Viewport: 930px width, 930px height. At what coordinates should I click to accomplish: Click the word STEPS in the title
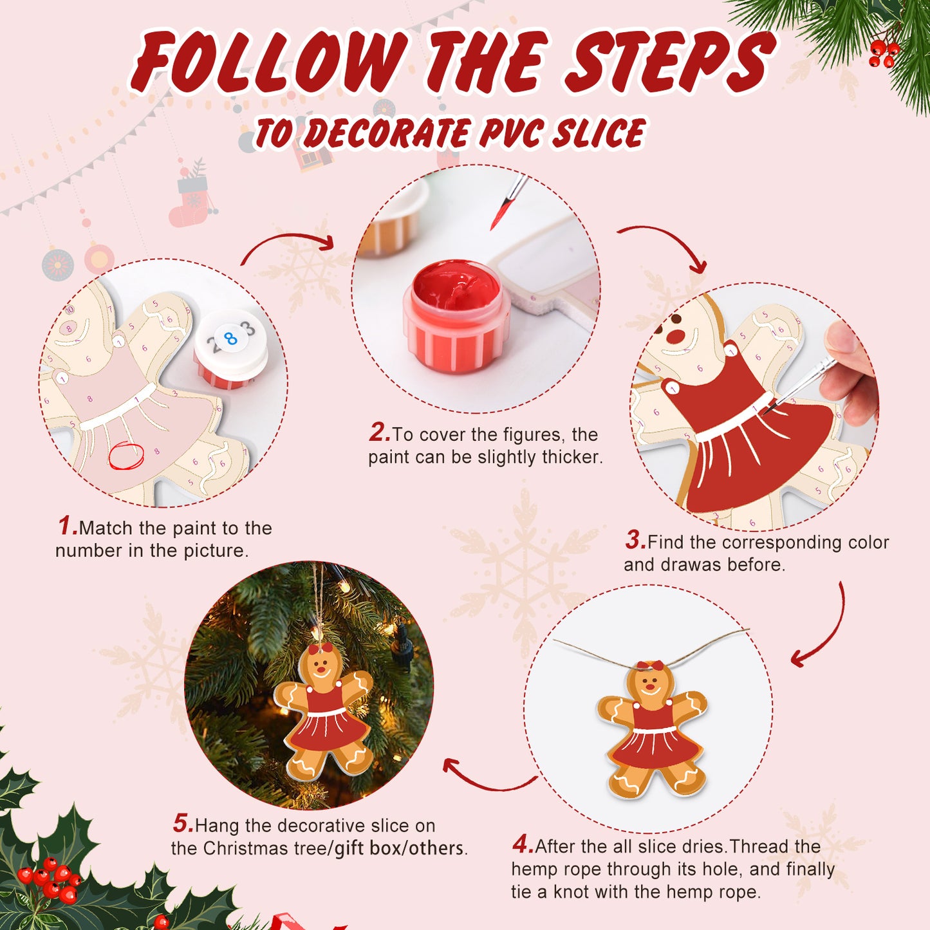click(x=669, y=63)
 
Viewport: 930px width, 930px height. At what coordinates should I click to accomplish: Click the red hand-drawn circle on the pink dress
click(x=126, y=456)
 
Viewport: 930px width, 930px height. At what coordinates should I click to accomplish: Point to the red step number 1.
click(x=67, y=526)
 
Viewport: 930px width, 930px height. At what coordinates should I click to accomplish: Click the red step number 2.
click(x=379, y=432)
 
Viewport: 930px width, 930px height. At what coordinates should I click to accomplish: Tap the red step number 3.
click(x=635, y=541)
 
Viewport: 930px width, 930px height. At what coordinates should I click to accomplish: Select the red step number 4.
click(x=523, y=844)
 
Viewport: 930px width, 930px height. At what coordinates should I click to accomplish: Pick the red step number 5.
click(x=183, y=823)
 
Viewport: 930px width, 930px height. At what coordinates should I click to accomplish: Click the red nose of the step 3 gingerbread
click(x=676, y=336)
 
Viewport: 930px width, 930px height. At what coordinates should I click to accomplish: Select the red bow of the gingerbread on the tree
click(x=320, y=648)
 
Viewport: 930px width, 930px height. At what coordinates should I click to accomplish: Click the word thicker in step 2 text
click(x=572, y=457)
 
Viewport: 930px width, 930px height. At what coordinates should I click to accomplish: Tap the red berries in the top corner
click(x=882, y=54)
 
